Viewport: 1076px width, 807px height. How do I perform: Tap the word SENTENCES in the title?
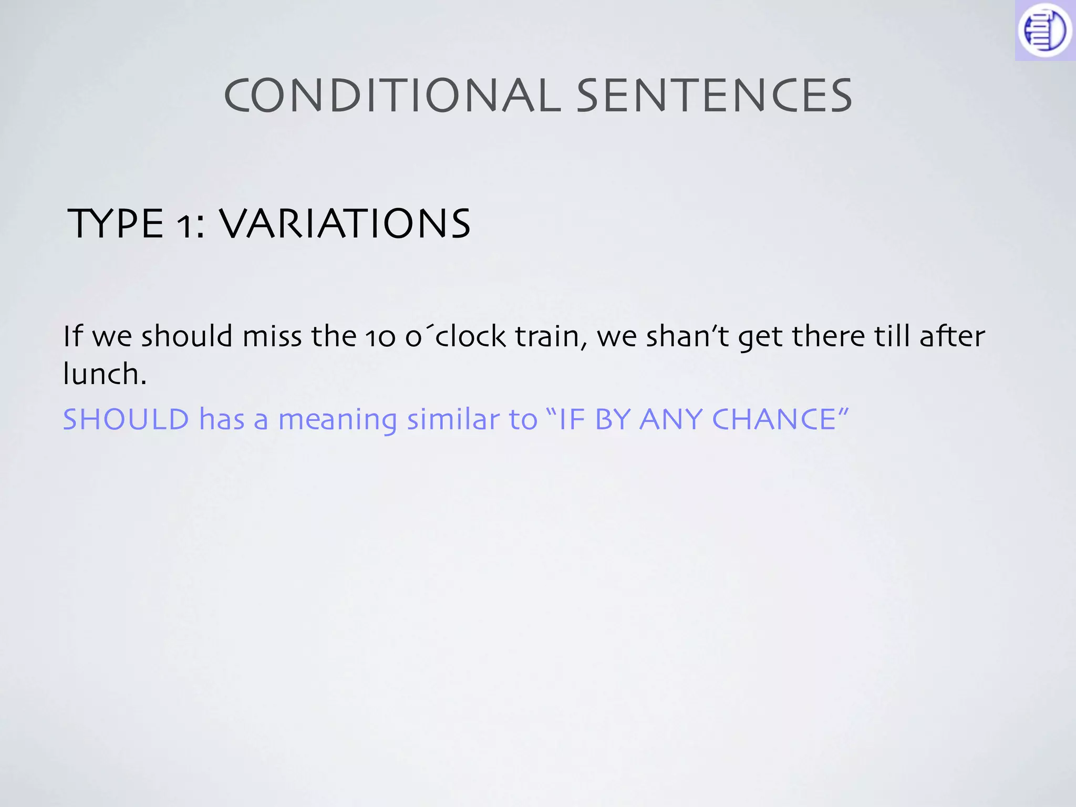coord(715,96)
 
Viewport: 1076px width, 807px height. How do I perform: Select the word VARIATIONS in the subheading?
coord(344,224)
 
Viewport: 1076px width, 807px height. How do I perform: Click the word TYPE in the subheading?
coord(116,224)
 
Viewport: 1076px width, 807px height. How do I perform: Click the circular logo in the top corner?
coord(1044,30)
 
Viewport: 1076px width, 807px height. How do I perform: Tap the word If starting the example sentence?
coord(73,336)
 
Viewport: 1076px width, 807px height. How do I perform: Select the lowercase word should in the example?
coord(187,336)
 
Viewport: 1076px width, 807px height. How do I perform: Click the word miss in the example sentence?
coord(272,336)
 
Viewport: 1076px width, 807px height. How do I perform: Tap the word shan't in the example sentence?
coord(688,336)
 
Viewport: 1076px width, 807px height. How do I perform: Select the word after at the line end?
coord(952,336)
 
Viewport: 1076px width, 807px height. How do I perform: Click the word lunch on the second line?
coord(104,374)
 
